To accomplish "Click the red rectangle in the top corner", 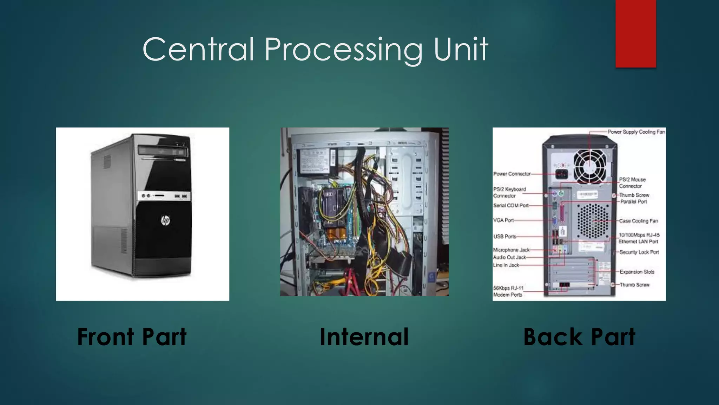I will click(x=635, y=33).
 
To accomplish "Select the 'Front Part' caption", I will click(x=132, y=337).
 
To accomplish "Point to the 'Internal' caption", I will click(x=364, y=337).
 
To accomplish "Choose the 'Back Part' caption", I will click(x=579, y=337).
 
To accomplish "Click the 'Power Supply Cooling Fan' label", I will click(x=636, y=132).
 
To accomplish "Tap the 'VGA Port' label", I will click(x=503, y=220).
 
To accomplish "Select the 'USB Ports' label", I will click(x=505, y=237).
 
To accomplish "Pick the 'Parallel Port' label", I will click(x=633, y=201).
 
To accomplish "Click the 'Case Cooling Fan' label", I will click(x=638, y=221).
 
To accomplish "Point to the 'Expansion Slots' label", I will click(x=637, y=272).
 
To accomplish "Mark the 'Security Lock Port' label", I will click(x=639, y=252).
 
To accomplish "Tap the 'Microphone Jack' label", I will click(x=511, y=250).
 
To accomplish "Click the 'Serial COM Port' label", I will click(x=511, y=205).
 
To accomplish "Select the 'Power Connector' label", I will click(x=512, y=174).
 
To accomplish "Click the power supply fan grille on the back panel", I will click(x=590, y=166).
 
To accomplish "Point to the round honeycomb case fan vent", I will click(x=593, y=220).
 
